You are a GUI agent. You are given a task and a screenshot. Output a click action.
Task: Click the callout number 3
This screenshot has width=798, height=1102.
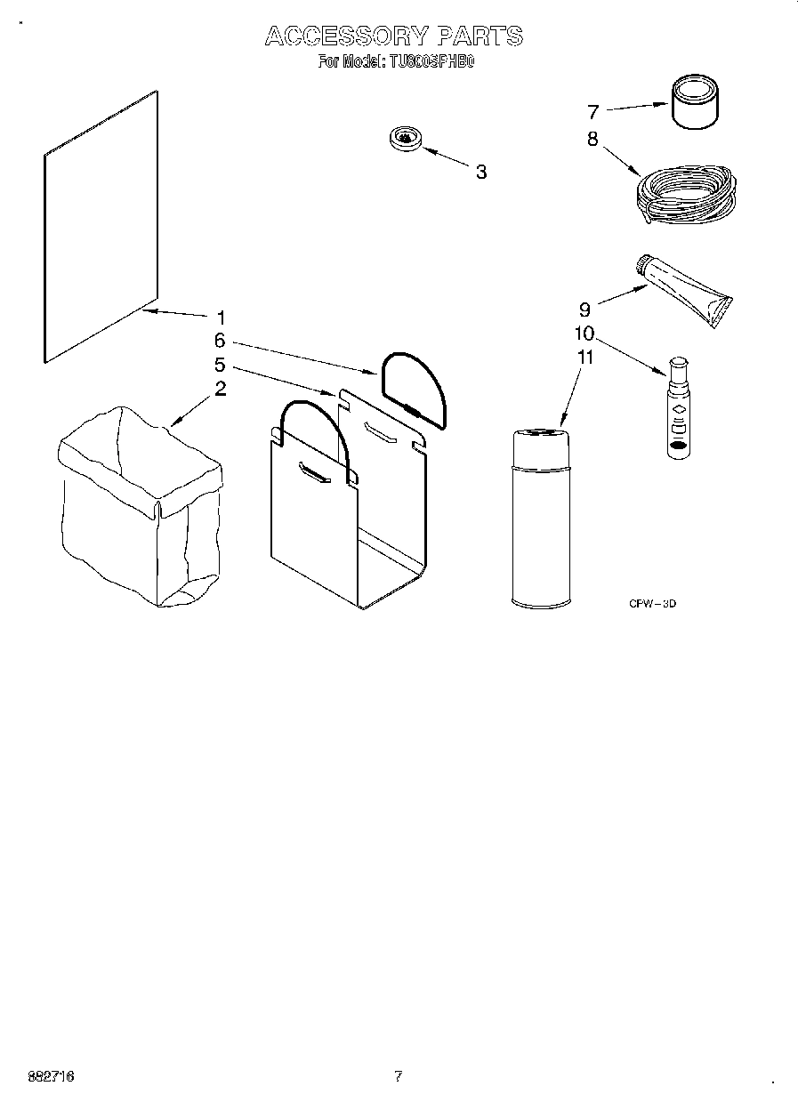pyautogui.click(x=480, y=173)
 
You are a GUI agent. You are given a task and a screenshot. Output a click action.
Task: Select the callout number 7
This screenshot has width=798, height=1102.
pyautogui.click(x=593, y=112)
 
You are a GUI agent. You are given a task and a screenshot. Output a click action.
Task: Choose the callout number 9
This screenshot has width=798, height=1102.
pyautogui.click(x=584, y=310)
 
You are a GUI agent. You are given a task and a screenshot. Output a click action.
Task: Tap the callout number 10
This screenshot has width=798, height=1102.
pyautogui.click(x=584, y=334)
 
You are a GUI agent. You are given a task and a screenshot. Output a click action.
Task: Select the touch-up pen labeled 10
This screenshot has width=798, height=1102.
pyautogui.click(x=678, y=409)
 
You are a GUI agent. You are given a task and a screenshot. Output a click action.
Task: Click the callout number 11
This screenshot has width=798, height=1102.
pyautogui.click(x=584, y=358)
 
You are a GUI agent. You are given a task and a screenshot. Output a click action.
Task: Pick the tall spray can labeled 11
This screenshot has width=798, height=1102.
pyautogui.click(x=541, y=518)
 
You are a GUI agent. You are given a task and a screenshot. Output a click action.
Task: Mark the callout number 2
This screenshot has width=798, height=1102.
pyautogui.click(x=220, y=389)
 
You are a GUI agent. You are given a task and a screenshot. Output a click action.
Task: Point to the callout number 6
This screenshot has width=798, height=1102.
pyautogui.click(x=220, y=341)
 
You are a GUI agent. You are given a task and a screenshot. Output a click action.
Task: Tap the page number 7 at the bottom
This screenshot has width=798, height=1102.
pyautogui.click(x=398, y=1076)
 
